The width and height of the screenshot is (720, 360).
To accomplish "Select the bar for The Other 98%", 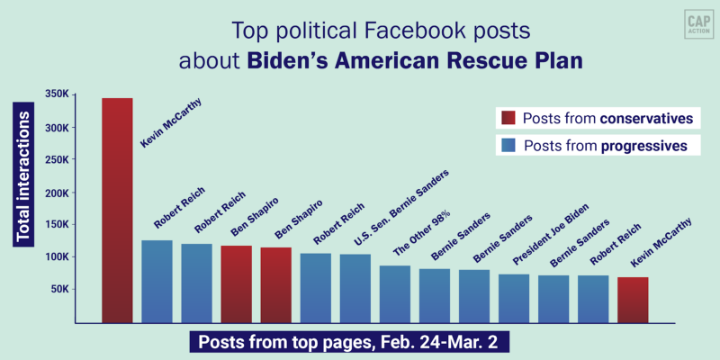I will [x=394, y=293].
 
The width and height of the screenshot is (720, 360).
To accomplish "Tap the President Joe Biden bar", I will [x=513, y=298].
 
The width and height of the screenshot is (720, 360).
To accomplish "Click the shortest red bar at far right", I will [x=632, y=300].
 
